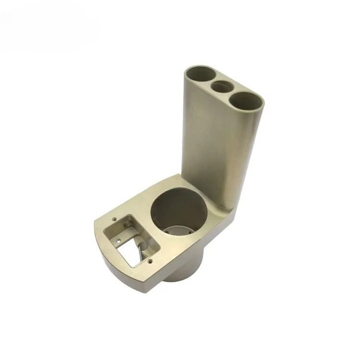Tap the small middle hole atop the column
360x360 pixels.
point(222,88)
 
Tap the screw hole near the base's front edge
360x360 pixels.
point(151,262)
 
